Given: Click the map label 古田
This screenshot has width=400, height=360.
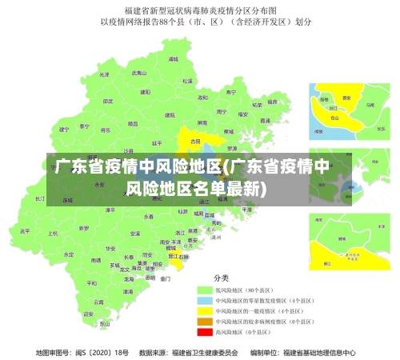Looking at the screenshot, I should [x=194, y=140].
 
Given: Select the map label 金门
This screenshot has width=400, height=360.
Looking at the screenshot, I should [x=165, y=278].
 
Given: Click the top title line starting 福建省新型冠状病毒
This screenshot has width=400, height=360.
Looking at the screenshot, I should [x=200, y=10].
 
